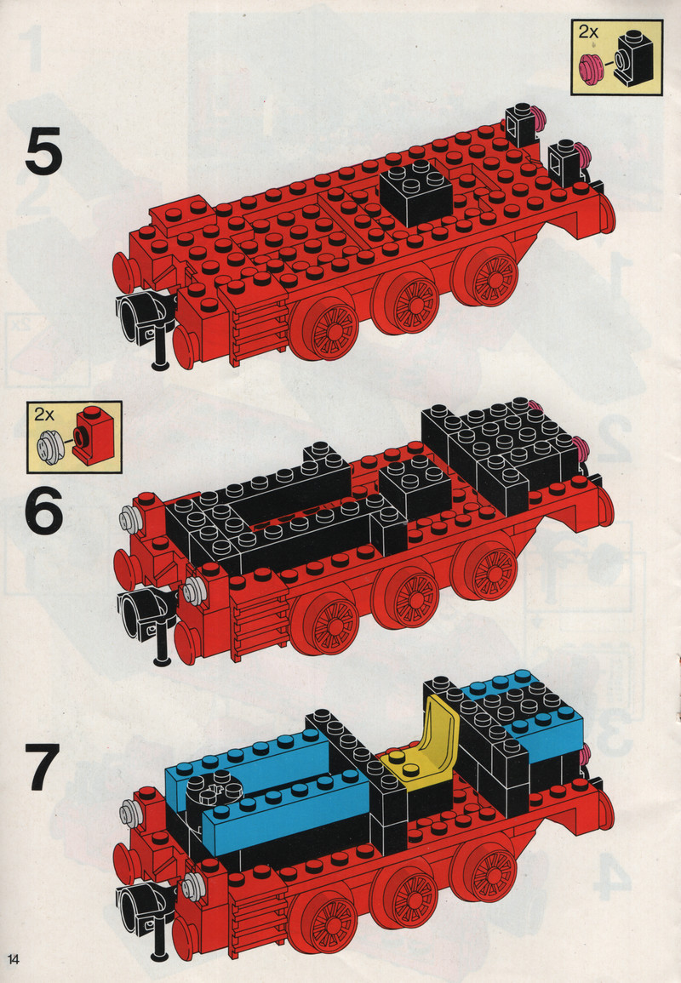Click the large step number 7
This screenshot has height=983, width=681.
pyautogui.click(x=44, y=768)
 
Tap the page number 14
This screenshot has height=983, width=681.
pyautogui.click(x=14, y=959)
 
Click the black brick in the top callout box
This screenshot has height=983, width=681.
pyautogui.click(x=635, y=57)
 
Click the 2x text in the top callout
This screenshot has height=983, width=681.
pyautogui.click(x=588, y=31)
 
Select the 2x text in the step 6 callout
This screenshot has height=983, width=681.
pyautogui.click(x=44, y=414)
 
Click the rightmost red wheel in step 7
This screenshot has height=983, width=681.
pyautogui.click(x=484, y=868)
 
